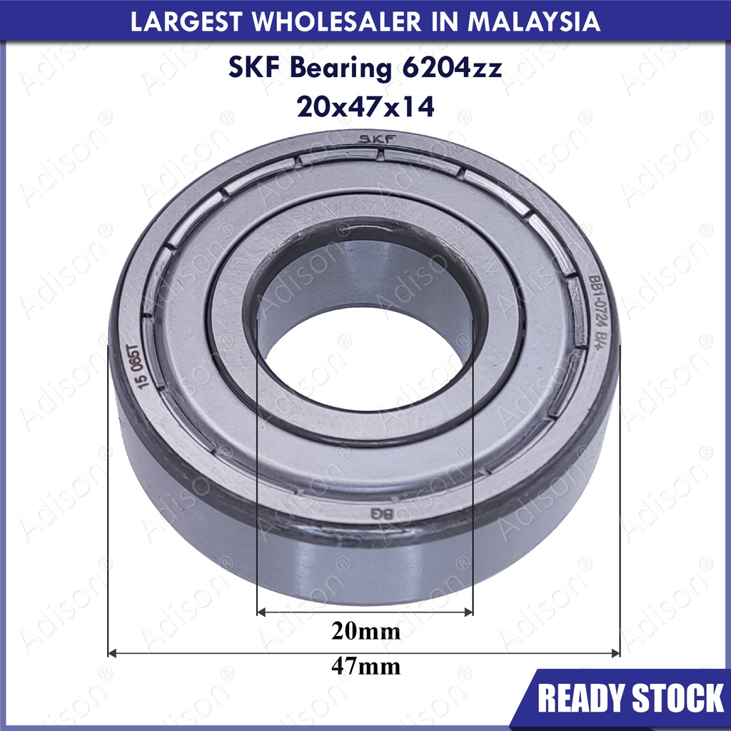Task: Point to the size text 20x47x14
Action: coord(365,107)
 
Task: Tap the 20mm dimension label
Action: coord(365,632)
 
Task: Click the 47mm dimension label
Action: coord(365,667)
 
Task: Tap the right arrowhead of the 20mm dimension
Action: coord(468,612)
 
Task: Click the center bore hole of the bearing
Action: coord(364,357)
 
